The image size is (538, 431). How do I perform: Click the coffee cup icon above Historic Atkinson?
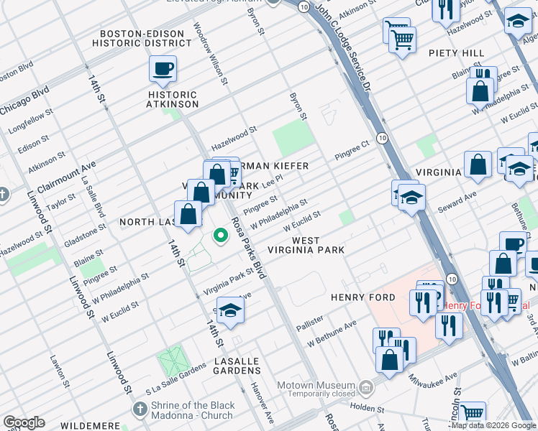click(163, 69)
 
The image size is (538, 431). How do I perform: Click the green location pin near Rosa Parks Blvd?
click(220, 235)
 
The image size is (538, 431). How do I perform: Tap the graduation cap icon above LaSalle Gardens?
click(230, 310)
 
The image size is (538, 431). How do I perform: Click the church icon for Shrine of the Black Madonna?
click(140, 409)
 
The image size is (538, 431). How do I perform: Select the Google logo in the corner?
click(24, 422)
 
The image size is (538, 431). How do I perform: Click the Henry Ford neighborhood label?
click(363, 297)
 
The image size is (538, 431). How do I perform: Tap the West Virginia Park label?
click(316, 245)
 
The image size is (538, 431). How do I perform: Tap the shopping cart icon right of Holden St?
click(472, 413)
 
